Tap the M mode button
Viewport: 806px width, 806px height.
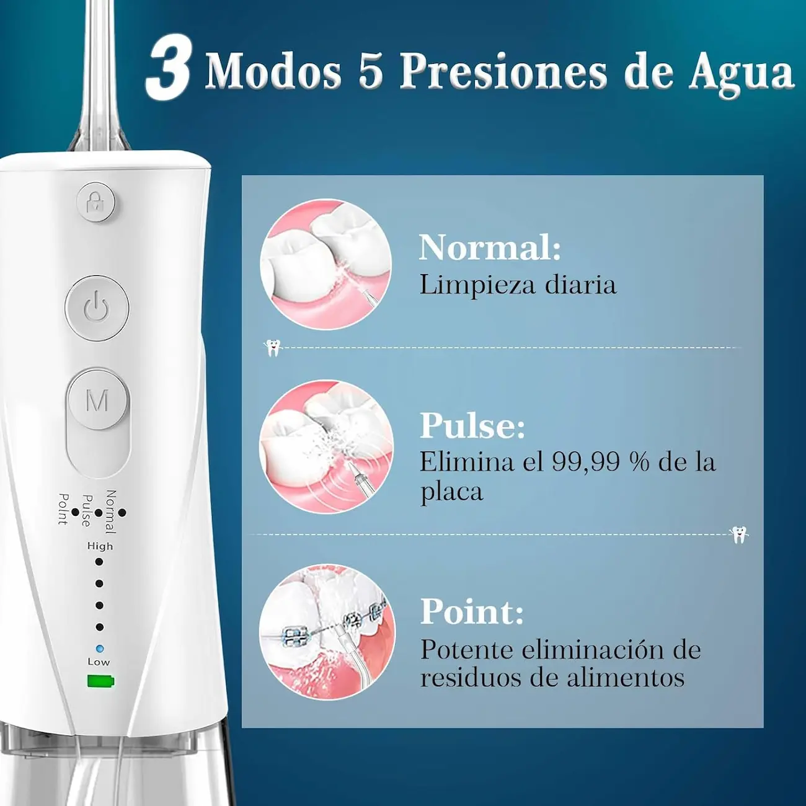(97, 401)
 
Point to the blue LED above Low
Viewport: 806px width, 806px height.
(100, 649)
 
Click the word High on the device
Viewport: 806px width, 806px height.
(100, 546)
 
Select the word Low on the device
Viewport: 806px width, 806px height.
(99, 662)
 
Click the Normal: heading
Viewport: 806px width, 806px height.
(490, 247)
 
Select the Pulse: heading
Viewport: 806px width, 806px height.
(472, 425)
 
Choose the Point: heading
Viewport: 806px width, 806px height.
(472, 611)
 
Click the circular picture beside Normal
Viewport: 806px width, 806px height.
(326, 264)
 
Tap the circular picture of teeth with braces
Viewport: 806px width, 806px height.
(327, 632)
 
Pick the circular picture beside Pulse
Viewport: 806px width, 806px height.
(326, 446)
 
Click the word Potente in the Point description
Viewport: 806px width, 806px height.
(467, 650)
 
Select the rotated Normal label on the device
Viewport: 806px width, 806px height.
(110, 512)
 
